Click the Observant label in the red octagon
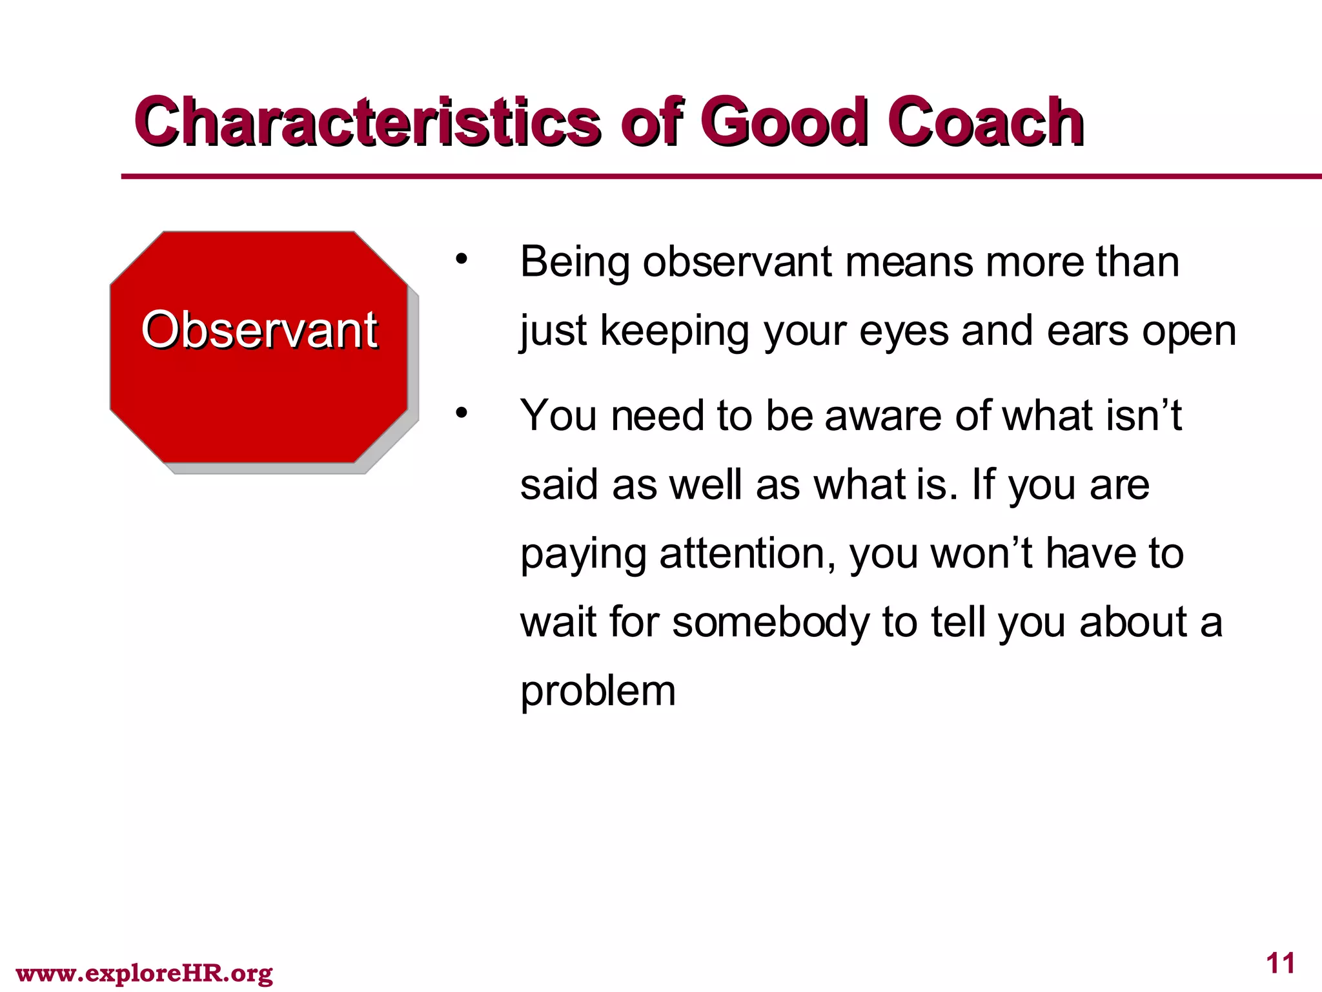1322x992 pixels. click(x=259, y=330)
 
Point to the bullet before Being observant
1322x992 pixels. click(x=460, y=260)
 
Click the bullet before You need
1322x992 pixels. click(x=460, y=413)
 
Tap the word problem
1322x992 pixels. click(x=598, y=692)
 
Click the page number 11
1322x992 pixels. click(x=1281, y=963)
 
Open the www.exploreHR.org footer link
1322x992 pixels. click(x=144, y=973)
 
